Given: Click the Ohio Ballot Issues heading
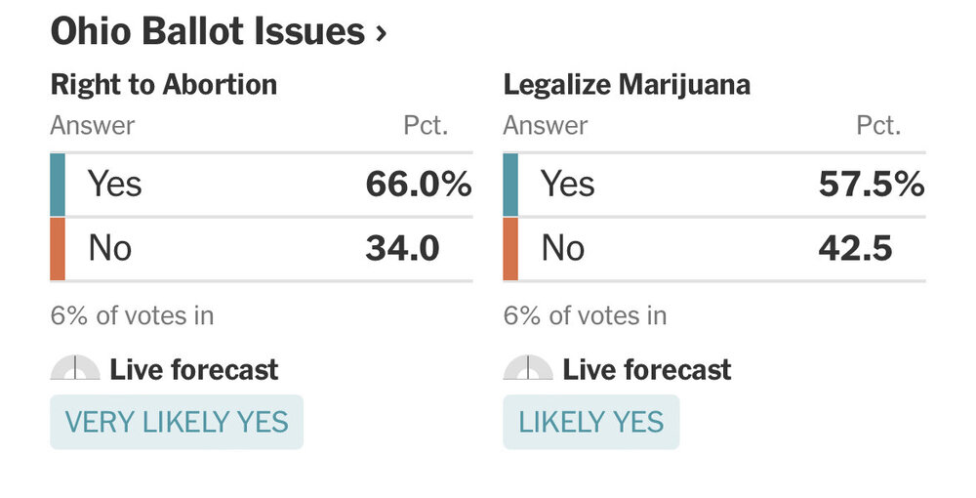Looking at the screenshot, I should (207, 32).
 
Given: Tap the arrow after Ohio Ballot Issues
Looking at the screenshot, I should (381, 34).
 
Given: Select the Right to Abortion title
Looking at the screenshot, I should (164, 85).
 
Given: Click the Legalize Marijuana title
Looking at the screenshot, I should (627, 85).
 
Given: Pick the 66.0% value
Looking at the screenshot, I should (419, 184).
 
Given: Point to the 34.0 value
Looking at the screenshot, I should (402, 248).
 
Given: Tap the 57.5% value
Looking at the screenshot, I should (871, 184).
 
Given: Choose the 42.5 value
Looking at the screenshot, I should (855, 248).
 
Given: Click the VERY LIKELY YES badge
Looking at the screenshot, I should (177, 422).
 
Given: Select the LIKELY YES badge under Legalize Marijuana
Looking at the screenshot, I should (590, 422).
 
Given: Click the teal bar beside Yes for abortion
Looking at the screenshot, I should (58, 184).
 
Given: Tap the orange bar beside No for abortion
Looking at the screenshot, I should (58, 248).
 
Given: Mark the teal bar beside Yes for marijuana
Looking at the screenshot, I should (510, 184).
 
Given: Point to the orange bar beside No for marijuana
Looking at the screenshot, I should (510, 248).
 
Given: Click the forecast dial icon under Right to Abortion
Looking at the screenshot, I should (75, 369).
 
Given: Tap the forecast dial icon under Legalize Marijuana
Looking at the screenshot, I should (528, 369).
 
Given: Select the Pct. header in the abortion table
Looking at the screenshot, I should (426, 126).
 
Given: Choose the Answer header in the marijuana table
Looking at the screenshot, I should (546, 126).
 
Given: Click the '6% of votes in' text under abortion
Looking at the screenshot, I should (132, 315).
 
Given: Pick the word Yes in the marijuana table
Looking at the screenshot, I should (568, 184).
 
